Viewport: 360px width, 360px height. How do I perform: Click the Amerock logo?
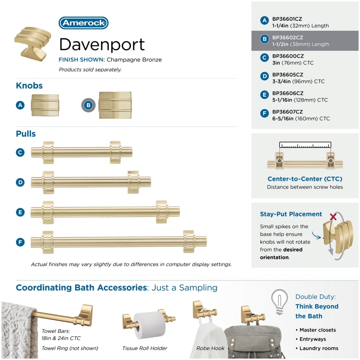coord(84,23)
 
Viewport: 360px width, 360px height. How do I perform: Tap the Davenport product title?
coord(102,45)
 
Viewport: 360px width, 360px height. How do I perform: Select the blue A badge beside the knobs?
coord(20,105)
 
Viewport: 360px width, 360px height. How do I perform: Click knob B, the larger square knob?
coord(115,105)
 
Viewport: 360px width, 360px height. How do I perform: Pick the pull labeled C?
coord(82,152)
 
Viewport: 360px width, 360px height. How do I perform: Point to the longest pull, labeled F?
coord(119,242)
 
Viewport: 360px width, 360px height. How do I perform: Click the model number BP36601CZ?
coord(287,19)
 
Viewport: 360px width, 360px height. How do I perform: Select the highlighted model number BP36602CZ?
coord(288,38)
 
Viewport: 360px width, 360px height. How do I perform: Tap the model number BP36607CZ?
coord(288,112)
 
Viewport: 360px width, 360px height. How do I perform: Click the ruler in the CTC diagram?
coord(305,145)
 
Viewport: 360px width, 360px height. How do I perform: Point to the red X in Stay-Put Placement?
coord(333,216)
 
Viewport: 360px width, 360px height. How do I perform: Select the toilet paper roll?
coord(150,325)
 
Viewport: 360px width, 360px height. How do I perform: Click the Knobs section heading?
coord(29,86)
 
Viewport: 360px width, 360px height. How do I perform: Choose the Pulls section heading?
coord(26,134)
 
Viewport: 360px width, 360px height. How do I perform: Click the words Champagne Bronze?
coord(134,60)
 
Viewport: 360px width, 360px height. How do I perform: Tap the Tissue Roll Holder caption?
coord(145,348)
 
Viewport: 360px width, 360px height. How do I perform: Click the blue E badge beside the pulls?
coord(20,212)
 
